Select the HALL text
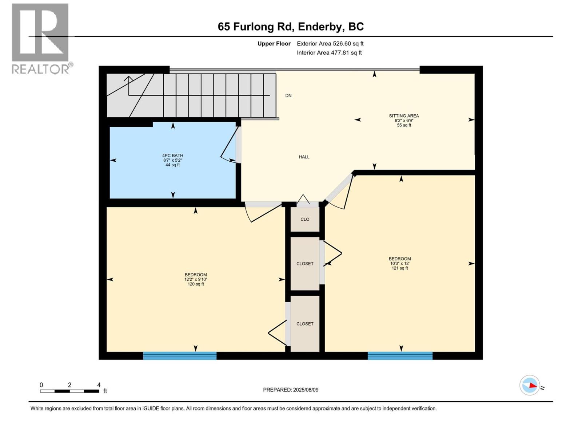(304, 157)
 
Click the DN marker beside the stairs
(288, 96)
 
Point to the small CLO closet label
(305, 219)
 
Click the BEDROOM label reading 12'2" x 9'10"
(196, 279)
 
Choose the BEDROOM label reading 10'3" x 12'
(399, 263)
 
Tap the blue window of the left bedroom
(180, 356)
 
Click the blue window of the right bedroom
(400, 356)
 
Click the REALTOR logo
(40, 38)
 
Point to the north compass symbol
(530, 385)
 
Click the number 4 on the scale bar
(99, 385)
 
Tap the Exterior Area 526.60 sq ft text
(330, 44)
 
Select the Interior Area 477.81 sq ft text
(329, 53)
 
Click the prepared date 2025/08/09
(306, 390)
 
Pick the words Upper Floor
(274, 44)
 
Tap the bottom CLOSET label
(305, 324)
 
